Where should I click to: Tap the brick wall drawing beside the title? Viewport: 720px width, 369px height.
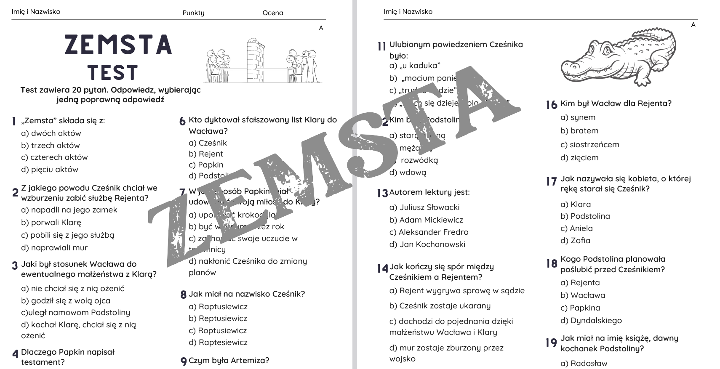pos(254,59)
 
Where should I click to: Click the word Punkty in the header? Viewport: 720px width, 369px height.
pos(193,13)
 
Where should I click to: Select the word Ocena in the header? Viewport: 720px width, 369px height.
pos(272,13)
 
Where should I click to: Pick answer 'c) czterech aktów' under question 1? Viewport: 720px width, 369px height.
pos(54,157)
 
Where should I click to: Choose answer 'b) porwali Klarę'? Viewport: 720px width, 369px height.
pos(51,223)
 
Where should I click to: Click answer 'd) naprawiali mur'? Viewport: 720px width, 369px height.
pos(54,248)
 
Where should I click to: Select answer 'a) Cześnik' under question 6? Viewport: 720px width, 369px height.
pos(208,143)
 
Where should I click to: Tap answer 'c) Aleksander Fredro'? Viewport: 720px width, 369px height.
pos(429,232)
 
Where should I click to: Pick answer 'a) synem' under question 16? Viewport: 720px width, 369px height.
pos(578,117)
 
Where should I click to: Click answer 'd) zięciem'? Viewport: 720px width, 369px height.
pos(579,158)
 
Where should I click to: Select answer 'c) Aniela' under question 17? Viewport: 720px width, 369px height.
pos(576,228)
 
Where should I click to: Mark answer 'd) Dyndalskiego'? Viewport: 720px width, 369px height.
pos(591,321)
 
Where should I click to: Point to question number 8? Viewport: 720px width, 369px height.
pos(183,295)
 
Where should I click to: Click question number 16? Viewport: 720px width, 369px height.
pos(551,104)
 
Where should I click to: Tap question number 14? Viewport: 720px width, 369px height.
pos(382,268)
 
